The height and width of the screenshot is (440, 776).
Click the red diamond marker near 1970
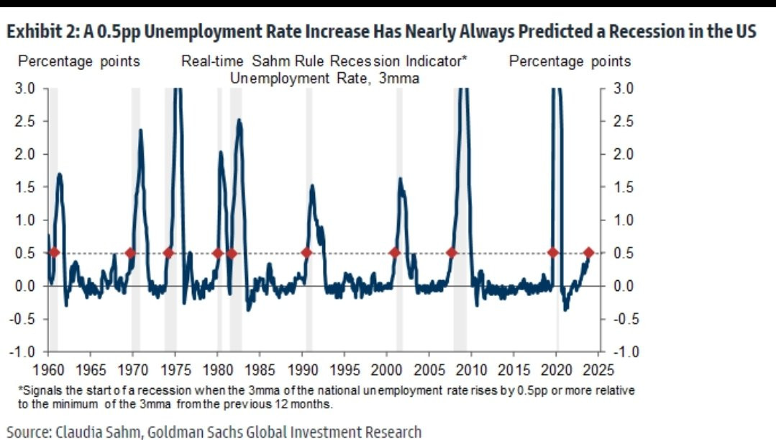[130, 253]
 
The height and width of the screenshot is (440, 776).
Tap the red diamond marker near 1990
[306, 253]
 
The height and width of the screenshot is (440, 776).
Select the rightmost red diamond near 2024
[588, 253]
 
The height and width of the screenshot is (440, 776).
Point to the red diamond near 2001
[394, 253]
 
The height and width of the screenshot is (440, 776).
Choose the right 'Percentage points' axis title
[570, 62]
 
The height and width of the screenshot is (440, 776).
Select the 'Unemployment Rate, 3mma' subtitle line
[324, 78]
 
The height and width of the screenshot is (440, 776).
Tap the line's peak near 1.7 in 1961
[60, 174]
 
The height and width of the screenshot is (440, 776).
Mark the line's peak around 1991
[312, 185]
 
